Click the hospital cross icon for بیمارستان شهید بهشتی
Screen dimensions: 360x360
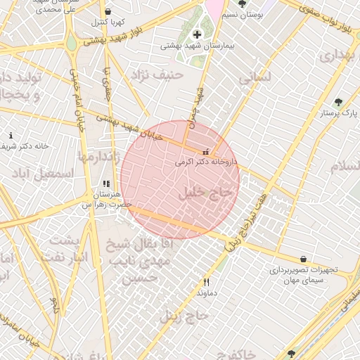click(x=196, y=34)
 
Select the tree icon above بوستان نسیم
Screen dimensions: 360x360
click(x=242, y=4)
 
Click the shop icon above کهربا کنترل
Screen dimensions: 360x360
click(x=108, y=12)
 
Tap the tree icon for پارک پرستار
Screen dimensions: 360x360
click(x=339, y=102)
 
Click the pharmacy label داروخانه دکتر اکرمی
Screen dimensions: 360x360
click(x=207, y=162)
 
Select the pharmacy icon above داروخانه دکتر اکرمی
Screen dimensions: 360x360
click(x=205, y=152)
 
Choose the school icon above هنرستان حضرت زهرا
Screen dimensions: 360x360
click(x=106, y=184)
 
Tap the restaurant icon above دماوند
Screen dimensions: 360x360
click(x=206, y=282)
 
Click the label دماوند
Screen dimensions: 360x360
click(x=205, y=292)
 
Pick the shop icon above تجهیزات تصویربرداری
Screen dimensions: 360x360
click(x=303, y=259)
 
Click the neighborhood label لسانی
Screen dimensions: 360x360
click(x=254, y=78)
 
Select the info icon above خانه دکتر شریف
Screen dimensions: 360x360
click(x=10, y=135)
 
